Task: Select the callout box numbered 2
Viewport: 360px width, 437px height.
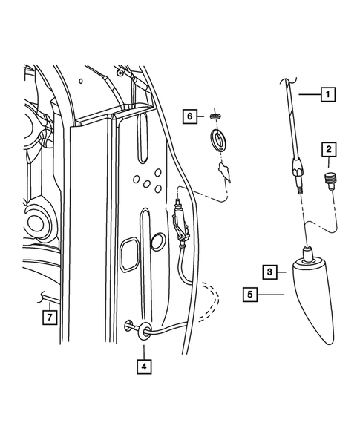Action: point(327,151)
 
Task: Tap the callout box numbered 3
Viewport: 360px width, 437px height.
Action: point(272,272)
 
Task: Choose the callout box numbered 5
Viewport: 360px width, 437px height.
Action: point(252,295)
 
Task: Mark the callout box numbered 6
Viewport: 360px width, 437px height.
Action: point(189,116)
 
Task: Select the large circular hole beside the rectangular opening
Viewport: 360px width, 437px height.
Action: point(157,241)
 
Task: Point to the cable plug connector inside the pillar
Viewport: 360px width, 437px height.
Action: point(179,216)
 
